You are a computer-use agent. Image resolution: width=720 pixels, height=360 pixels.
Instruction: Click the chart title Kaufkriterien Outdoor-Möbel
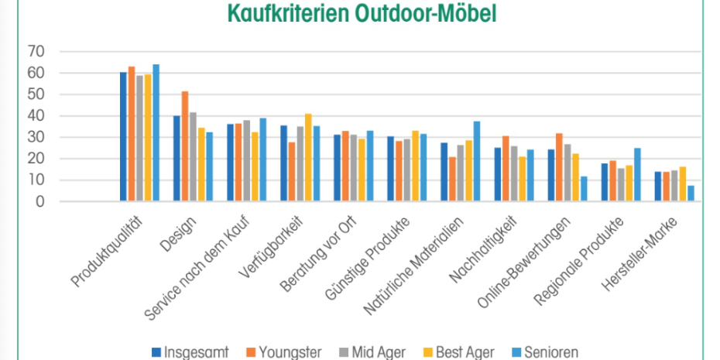tap(361, 14)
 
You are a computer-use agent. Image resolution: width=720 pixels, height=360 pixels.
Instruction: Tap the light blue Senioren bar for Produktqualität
tap(156, 133)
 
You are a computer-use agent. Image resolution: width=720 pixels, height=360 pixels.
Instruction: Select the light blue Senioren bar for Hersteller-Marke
tap(690, 194)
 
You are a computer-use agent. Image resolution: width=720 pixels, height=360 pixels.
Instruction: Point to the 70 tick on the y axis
tap(36, 52)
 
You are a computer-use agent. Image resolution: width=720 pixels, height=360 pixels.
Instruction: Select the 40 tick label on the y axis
tap(36, 116)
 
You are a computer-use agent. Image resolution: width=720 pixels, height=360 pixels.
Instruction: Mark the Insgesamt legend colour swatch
tap(156, 351)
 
